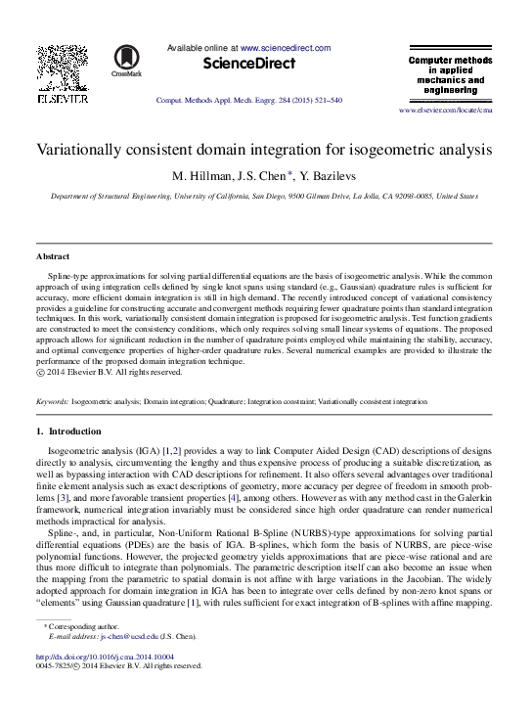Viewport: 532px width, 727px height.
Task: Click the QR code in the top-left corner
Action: (61, 68)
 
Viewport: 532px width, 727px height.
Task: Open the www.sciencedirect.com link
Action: (285, 48)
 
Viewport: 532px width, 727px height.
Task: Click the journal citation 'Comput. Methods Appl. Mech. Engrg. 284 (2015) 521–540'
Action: (248, 101)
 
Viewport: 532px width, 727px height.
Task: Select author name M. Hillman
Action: (200, 177)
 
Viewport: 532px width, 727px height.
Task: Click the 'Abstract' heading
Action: (52, 256)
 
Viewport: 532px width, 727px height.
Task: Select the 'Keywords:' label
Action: (52, 402)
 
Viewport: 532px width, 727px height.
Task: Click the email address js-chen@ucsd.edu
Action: (141, 636)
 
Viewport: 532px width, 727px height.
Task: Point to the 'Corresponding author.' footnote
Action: (94, 625)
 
